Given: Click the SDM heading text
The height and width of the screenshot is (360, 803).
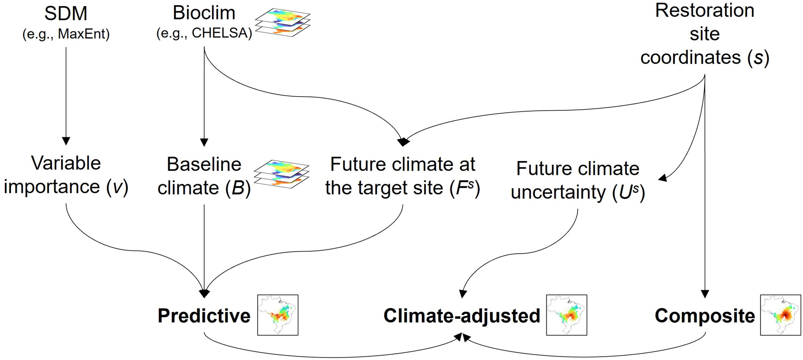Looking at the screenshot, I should (66, 14).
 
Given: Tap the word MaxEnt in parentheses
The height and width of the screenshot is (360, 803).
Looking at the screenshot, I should (83, 34).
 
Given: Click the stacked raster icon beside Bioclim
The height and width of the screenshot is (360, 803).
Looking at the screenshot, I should (282, 22).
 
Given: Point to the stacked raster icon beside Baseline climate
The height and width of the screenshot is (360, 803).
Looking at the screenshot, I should (282, 174).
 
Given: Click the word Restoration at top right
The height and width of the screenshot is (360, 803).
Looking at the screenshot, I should (705, 11).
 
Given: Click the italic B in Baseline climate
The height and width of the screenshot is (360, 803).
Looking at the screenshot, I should (238, 188).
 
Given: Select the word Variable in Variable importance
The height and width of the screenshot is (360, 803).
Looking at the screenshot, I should (66, 163).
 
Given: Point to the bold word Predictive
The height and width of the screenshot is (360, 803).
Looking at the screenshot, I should (204, 316).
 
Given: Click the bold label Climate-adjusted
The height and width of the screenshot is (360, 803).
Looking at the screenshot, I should (461, 316).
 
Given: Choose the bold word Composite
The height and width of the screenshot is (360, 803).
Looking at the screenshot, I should (705, 316).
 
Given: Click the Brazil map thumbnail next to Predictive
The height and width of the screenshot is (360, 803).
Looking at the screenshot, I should (278, 315).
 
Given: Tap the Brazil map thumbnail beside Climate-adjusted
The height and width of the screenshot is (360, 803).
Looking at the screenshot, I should (566, 315).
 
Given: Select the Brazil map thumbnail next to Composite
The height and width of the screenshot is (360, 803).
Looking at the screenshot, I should (780, 315).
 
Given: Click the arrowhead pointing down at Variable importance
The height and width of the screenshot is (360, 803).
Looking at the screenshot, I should (66, 141).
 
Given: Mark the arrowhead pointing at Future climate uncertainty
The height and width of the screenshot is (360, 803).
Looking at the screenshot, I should (663, 178).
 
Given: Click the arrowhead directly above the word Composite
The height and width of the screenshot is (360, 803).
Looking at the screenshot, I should (705, 294).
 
